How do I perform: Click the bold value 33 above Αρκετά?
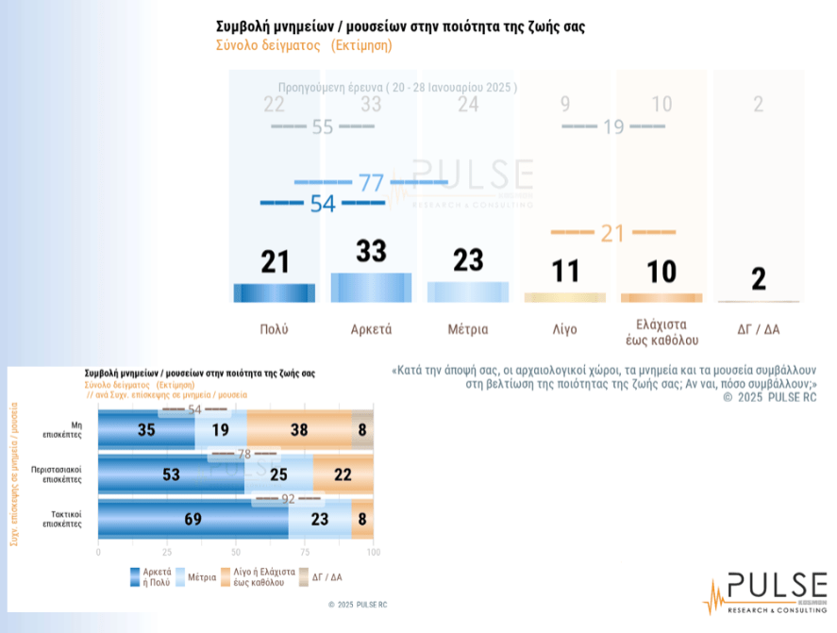[371, 252]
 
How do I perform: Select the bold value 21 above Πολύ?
[275, 261]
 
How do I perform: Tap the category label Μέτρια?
[468, 329]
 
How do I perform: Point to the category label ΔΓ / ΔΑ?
[758, 329]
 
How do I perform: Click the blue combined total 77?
[371, 182]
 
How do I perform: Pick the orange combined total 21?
[613, 232]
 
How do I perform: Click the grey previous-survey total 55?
[323, 126]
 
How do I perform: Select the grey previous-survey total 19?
[613, 126]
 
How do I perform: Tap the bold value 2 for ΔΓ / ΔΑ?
[759, 279]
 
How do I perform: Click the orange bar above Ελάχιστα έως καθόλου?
[661, 297]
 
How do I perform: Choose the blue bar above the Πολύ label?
[275, 292]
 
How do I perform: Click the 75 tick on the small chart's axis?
[305, 552]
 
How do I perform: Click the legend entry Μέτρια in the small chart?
[202, 576]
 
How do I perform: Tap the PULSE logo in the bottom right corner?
[764, 592]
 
